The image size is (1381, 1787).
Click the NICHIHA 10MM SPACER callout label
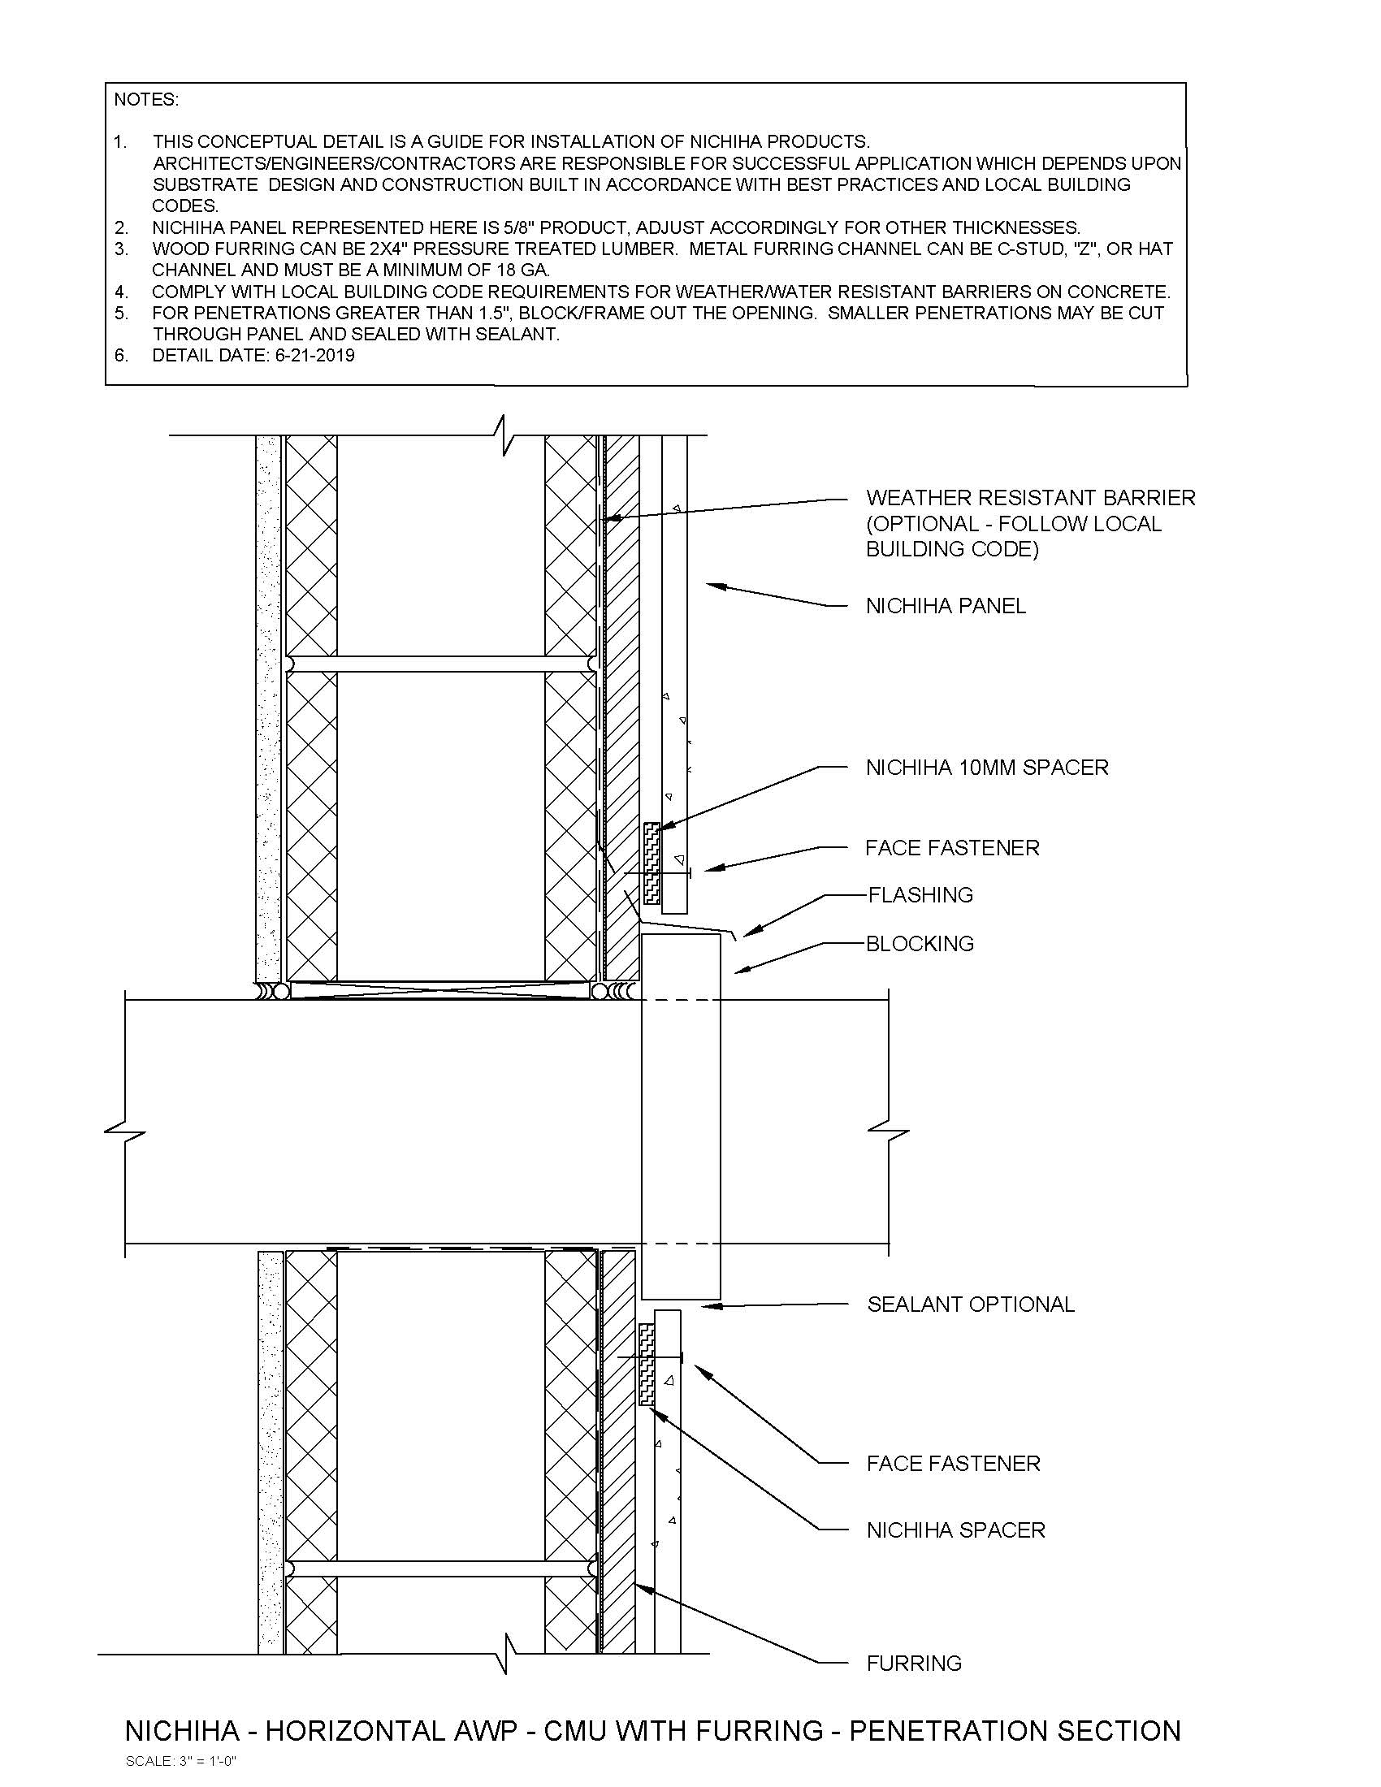[987, 768]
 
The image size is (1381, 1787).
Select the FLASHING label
[920, 894]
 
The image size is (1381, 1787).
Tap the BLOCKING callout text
[920, 943]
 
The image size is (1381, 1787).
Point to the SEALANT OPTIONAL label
[970, 1305]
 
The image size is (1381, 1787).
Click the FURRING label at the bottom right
[914, 1663]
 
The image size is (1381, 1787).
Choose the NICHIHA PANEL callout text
[946, 605]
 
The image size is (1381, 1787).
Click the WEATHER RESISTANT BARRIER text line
[1030, 497]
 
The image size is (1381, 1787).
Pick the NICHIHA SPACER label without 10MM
[955, 1530]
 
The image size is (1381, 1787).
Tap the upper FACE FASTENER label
[952, 847]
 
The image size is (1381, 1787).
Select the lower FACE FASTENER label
[953, 1463]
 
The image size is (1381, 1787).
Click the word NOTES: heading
[146, 100]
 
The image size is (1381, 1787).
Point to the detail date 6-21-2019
[310, 355]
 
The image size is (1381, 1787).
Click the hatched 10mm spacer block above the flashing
[652, 863]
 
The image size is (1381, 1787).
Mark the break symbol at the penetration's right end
[889, 1133]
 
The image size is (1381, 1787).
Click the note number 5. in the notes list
[121, 313]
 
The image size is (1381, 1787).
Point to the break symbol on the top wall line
[506, 435]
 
